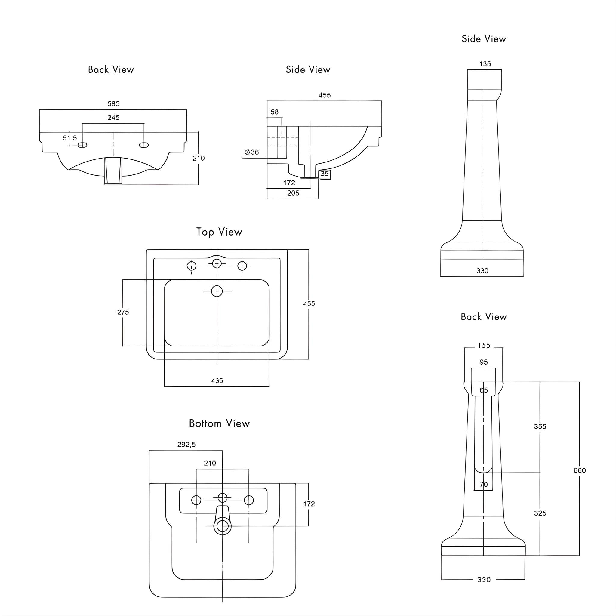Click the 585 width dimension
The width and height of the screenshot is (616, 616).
[x=113, y=104]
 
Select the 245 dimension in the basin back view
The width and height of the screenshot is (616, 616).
[x=113, y=118]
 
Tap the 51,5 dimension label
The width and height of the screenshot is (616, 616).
[x=70, y=138]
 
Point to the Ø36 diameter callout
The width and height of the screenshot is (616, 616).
[x=251, y=152]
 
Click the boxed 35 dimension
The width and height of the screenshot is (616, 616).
[x=325, y=174]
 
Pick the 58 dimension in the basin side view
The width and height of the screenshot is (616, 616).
[x=275, y=112]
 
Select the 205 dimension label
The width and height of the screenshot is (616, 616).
[x=293, y=193]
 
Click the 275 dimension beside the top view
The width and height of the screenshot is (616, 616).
[x=123, y=312]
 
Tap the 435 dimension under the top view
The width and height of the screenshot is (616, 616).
[x=217, y=381]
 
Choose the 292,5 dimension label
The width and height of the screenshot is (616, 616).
[x=186, y=445]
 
